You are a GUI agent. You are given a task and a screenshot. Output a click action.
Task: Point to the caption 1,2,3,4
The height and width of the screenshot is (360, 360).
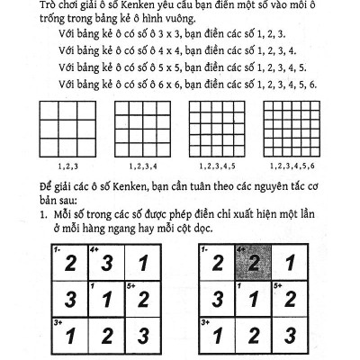click(138, 166)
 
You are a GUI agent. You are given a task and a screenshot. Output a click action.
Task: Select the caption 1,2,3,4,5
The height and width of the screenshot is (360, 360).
click(211, 166)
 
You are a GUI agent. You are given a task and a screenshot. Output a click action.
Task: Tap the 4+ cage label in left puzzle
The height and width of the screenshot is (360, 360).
click(93, 250)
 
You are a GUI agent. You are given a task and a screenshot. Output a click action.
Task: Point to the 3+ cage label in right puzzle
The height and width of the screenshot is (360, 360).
click(206, 321)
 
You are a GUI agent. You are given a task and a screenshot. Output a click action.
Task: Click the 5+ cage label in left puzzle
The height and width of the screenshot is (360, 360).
click(130, 285)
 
